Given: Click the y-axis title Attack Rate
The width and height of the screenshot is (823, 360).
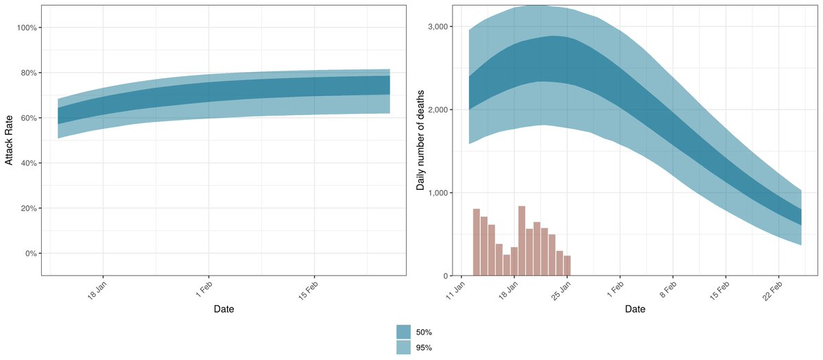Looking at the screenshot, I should pos(10,141).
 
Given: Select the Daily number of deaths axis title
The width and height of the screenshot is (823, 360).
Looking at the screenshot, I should pos(420,141).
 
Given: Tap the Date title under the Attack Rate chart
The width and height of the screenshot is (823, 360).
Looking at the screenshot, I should pos(224,309).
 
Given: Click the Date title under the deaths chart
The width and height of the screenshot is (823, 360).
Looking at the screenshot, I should pos(635,309).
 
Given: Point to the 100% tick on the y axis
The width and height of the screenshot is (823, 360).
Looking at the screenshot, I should pos(30,27).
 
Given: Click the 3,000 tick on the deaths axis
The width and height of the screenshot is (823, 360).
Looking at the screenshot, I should pos(438,27).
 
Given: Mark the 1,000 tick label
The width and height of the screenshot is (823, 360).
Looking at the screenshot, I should pos(438,193).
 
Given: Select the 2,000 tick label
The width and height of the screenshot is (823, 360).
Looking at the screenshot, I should pos(438,110).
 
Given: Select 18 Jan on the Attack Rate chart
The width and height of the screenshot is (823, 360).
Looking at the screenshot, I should pos(95,289).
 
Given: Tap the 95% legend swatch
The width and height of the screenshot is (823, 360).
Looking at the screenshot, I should pos(403,348).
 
